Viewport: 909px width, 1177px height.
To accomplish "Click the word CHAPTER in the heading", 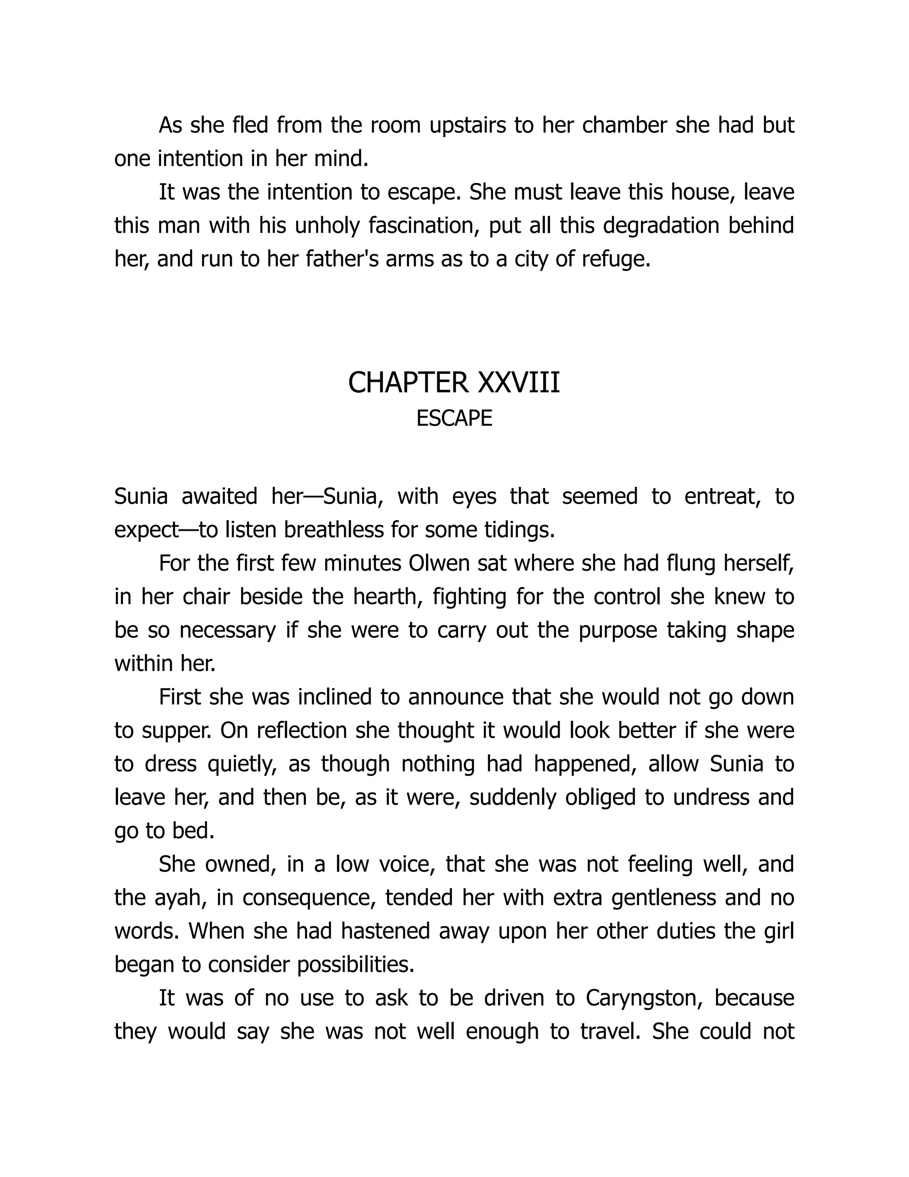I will pyautogui.click(x=407, y=383).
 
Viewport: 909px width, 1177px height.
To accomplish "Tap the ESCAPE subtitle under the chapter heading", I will pyautogui.click(x=454, y=419).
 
